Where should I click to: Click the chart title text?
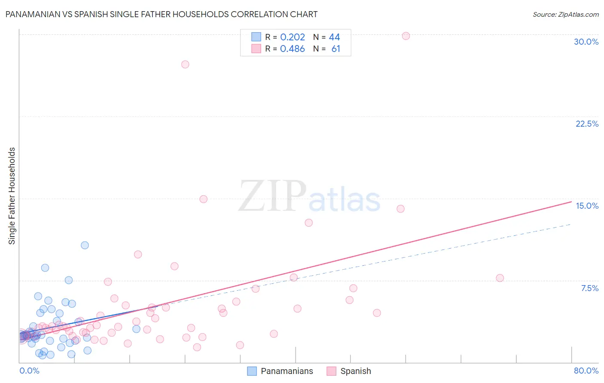click(x=162, y=14)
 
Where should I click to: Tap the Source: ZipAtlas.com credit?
click(x=565, y=15)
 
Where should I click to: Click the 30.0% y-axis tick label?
click(x=586, y=42)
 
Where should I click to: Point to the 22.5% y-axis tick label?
click(x=587, y=124)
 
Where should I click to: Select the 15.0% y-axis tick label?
click(x=587, y=206)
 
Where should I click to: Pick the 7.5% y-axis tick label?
click(x=589, y=288)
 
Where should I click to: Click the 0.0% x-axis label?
click(x=29, y=371)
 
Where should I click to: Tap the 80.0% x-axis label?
click(x=586, y=371)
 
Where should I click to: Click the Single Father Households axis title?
click(x=12, y=196)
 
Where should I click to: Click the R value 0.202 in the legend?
click(x=293, y=37)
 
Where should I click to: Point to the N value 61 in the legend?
click(x=336, y=49)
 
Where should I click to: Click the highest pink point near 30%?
click(x=406, y=36)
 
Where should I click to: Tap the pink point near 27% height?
click(x=185, y=64)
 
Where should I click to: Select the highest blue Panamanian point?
click(x=85, y=245)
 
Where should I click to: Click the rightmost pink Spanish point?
click(x=500, y=278)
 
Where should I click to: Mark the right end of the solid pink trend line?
click(x=571, y=201)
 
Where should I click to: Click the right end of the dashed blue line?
click(x=571, y=224)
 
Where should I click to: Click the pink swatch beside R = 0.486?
click(x=256, y=49)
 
